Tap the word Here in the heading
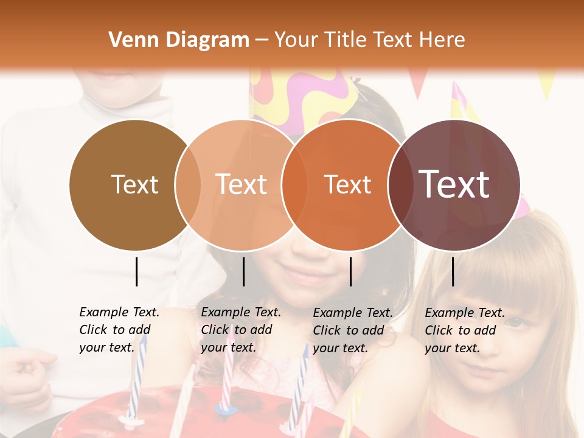(442, 40)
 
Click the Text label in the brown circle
(134, 184)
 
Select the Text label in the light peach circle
(241, 184)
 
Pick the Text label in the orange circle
(347, 184)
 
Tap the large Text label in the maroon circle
(454, 184)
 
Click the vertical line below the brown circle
(136, 271)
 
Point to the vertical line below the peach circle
(243, 271)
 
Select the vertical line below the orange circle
(350, 271)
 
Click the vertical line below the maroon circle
(453, 271)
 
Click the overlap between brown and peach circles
(188, 184)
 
